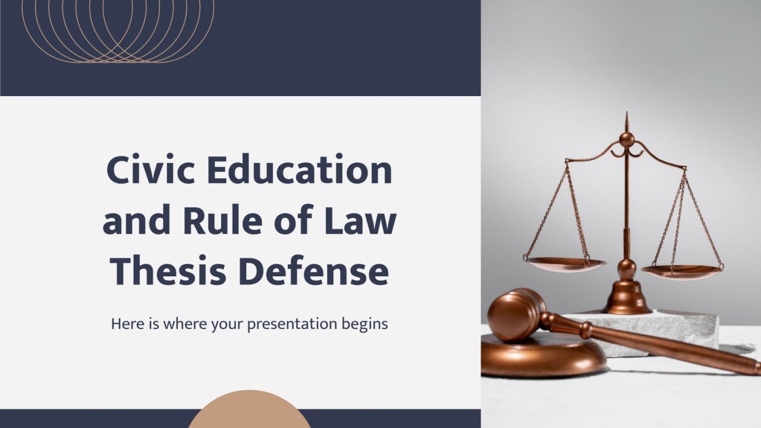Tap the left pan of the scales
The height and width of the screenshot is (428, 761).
tap(565, 264)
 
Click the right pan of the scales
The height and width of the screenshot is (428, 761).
tap(682, 272)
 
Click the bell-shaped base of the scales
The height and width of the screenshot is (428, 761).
tap(627, 298)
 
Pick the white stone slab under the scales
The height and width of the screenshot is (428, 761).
tap(683, 330)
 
